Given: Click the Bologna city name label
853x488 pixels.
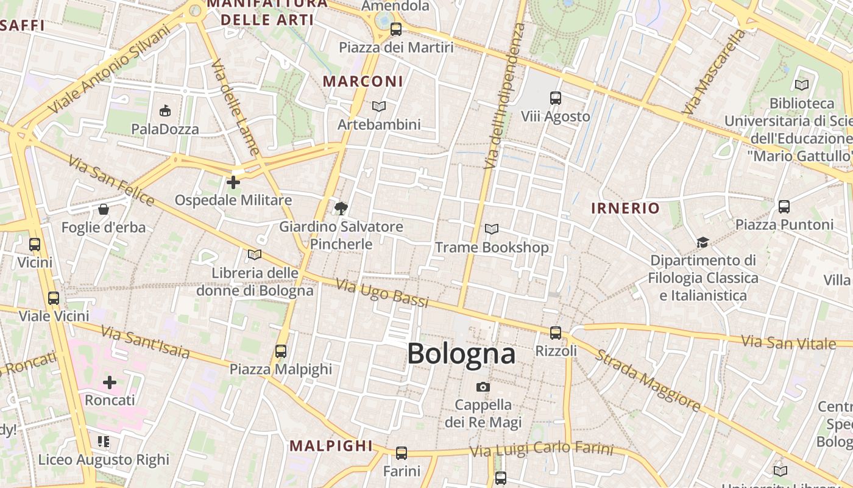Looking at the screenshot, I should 461,354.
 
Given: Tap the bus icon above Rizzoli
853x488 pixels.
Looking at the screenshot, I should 556,332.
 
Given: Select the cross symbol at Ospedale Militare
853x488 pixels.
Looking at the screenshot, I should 233,182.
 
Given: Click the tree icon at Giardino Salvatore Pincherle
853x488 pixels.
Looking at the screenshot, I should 341,209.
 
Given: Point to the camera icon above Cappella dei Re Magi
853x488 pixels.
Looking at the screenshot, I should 483,387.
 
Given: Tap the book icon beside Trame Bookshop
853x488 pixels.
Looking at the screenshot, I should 492,229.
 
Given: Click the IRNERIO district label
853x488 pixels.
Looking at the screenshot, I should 625,208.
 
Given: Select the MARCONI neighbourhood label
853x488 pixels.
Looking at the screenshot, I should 363,81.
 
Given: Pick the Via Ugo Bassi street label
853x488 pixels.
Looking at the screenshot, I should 382,293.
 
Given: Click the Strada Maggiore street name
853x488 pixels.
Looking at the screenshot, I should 648,379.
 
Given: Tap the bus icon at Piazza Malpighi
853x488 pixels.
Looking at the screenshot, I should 280,351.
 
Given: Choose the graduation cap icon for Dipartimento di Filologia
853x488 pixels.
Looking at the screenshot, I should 703,242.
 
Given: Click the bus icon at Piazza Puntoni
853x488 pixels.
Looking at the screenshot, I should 784,206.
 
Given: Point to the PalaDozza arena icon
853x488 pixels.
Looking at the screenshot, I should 165,110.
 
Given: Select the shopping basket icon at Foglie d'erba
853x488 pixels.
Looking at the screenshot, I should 104,209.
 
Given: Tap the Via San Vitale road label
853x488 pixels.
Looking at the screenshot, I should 788,342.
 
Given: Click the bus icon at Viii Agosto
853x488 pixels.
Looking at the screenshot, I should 556,98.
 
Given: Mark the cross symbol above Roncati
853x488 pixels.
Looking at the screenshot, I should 110,382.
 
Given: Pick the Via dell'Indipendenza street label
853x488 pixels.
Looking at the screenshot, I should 503,96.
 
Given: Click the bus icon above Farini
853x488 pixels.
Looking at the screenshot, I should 402,453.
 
